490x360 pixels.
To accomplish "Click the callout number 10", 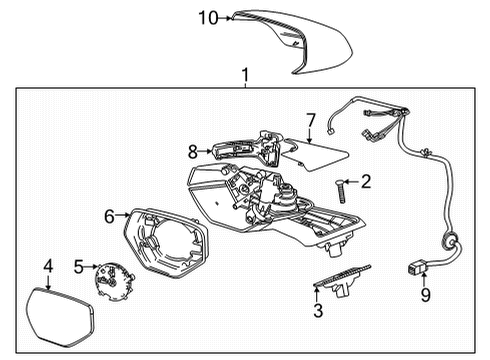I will (x=206, y=17).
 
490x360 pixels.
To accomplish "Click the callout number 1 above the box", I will (x=244, y=76).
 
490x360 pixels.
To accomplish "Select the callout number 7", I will (x=310, y=121).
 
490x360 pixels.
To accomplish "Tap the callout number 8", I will (x=194, y=152).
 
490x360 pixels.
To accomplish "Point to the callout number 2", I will (x=366, y=181).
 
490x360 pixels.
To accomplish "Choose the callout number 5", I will (x=79, y=266).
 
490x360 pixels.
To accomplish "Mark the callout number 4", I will (x=47, y=266).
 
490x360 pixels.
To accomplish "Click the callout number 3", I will (x=318, y=311).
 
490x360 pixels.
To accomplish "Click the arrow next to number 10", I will (x=227, y=17).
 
